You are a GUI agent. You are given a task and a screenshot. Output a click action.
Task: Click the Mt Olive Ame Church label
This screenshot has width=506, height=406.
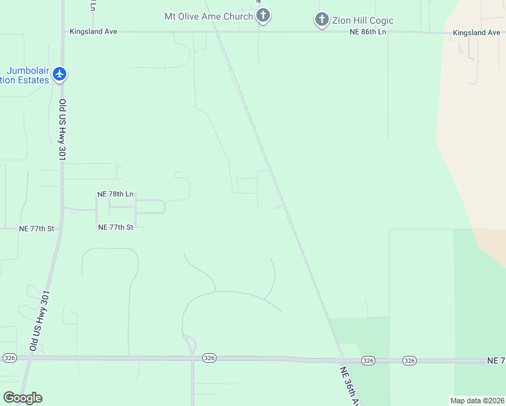pyautogui.click(x=208, y=16)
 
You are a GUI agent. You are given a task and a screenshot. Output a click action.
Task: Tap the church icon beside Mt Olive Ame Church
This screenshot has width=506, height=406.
pyautogui.click(x=264, y=16)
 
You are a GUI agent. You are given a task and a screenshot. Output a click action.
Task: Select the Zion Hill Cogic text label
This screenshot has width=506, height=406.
pyautogui.click(x=363, y=21)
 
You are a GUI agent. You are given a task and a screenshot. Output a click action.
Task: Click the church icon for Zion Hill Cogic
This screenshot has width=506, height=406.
pyautogui.click(x=322, y=20)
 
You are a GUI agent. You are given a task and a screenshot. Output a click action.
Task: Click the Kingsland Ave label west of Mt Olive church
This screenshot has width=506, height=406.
pyautogui.click(x=93, y=32)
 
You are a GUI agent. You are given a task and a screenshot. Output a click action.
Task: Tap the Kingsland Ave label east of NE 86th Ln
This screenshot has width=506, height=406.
pyautogui.click(x=476, y=32)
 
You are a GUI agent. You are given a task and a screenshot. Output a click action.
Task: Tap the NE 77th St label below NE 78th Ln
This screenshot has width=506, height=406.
pyautogui.click(x=116, y=227)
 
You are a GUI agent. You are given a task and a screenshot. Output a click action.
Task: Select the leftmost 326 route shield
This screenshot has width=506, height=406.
pyautogui.click(x=9, y=357)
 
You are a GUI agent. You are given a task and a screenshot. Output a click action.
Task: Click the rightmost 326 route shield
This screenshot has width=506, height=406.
pyautogui.click(x=409, y=361)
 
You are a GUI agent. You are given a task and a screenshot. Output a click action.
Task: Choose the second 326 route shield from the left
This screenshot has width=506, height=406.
pyautogui.click(x=209, y=357)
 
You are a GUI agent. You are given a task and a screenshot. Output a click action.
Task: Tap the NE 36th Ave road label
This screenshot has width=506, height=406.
pyautogui.click(x=350, y=386)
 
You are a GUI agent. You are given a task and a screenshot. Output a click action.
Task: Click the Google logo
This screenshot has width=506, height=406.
pyautogui.click(x=22, y=398)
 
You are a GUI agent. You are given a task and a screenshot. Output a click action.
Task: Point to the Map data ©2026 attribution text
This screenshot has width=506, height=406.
pyautogui.click(x=477, y=401)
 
